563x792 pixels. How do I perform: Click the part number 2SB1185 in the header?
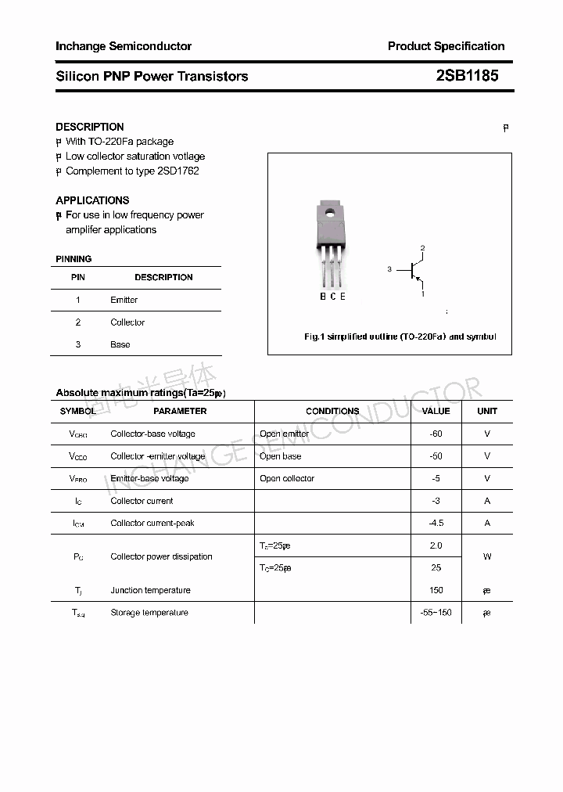(467, 76)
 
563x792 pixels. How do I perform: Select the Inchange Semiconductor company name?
(124, 46)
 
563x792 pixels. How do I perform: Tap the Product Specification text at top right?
(446, 46)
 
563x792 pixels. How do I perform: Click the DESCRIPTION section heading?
(90, 127)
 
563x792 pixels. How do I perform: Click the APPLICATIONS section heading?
(92, 200)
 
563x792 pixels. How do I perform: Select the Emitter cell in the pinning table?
(124, 300)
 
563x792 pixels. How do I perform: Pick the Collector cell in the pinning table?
(127, 322)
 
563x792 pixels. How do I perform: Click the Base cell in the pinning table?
(120, 344)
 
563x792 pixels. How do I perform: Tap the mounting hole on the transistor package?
(330, 212)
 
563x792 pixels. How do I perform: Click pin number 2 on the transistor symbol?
(422, 249)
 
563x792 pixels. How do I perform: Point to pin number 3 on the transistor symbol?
(389, 269)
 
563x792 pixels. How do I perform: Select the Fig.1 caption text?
(400, 337)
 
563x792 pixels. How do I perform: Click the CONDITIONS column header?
(332, 411)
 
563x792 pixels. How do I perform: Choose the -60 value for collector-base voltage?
(436, 434)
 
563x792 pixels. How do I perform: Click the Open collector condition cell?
(287, 478)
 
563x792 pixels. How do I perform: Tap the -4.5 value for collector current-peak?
(436, 523)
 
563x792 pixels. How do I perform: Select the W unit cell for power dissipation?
(487, 556)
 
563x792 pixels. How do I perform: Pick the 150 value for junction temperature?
(436, 590)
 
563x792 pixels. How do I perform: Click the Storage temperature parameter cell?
(149, 613)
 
